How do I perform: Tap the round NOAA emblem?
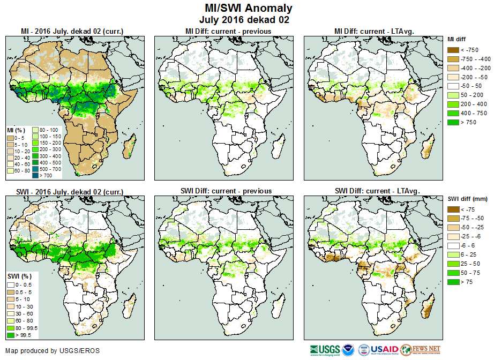point(348,350)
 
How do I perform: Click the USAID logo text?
point(384,350)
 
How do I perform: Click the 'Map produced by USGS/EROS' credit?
point(53,351)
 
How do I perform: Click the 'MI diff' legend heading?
point(457,39)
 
